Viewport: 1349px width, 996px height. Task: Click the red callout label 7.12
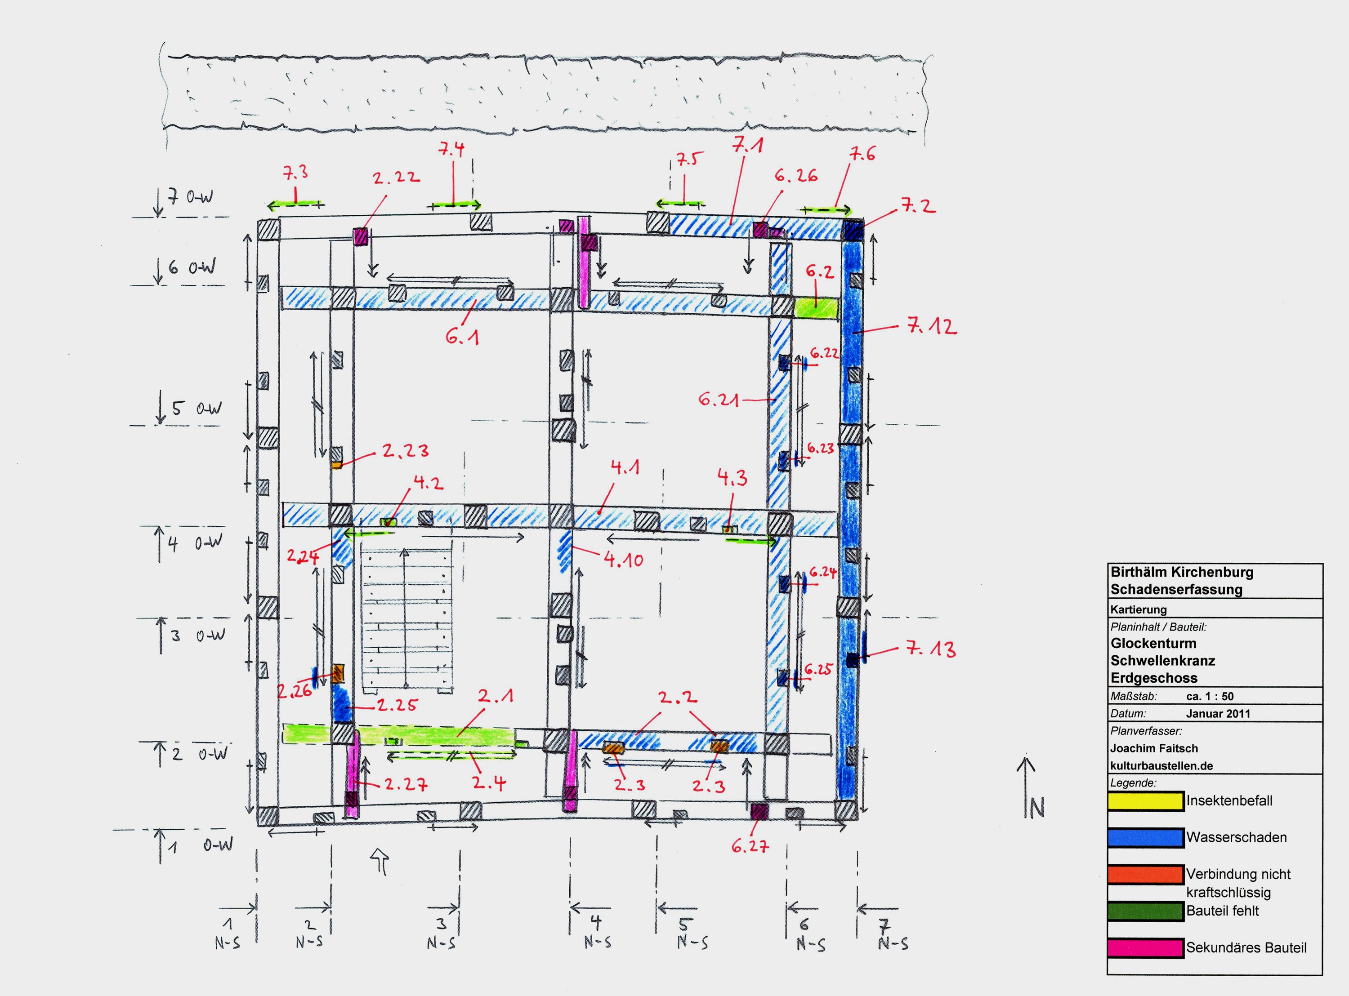(x=932, y=327)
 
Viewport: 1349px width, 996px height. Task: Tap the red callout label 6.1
(x=463, y=337)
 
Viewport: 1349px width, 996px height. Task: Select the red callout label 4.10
(x=624, y=560)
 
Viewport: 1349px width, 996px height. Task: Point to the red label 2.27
(x=406, y=784)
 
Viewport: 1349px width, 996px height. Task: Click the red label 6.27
(x=750, y=846)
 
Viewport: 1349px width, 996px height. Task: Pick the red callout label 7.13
(x=931, y=649)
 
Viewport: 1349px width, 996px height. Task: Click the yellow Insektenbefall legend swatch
(x=1145, y=801)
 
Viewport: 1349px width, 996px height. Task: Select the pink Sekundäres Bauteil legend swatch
(x=1145, y=948)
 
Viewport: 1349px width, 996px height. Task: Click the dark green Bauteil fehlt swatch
(x=1145, y=912)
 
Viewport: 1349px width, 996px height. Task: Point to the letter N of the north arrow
(x=1036, y=808)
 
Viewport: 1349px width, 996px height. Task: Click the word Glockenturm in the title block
(x=1153, y=643)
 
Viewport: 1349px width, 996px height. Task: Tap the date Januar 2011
(x=1218, y=713)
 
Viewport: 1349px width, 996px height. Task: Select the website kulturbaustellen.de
(x=1161, y=766)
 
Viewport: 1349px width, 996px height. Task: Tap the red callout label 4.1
(x=625, y=467)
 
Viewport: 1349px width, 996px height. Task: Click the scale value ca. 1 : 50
(x=1210, y=696)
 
